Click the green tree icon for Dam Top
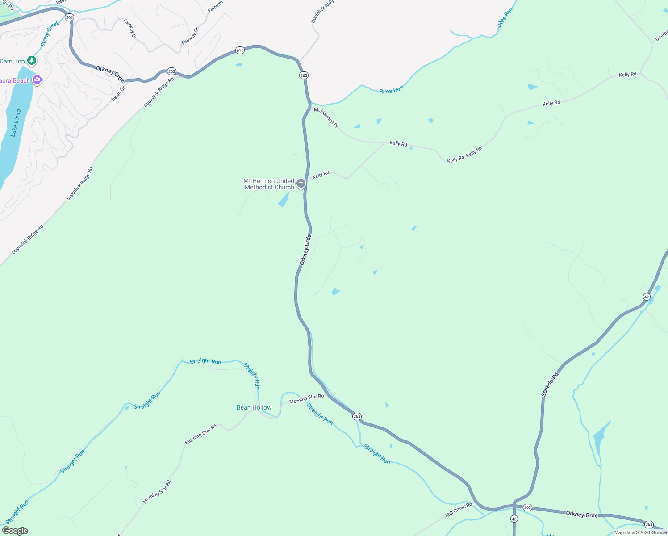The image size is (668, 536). click(31, 60)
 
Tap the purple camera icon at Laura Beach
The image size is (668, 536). click(37, 80)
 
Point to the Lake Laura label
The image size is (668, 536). click(16, 122)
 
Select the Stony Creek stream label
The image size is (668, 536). click(50, 34)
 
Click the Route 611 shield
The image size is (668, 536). click(240, 50)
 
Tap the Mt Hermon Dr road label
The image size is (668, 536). click(326, 117)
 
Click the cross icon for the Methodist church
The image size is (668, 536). click(301, 183)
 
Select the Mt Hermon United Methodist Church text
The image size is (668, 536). click(269, 184)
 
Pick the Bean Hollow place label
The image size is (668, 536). click(254, 407)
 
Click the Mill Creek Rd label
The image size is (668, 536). click(458, 510)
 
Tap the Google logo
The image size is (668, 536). click(15, 530)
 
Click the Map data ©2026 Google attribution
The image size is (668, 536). click(640, 532)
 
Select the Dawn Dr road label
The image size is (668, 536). click(118, 93)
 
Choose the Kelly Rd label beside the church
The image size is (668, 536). click(321, 175)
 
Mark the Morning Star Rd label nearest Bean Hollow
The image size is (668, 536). click(306, 398)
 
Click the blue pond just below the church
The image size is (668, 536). click(284, 200)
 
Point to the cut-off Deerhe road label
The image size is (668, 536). click(661, 36)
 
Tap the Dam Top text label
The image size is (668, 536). click(12, 61)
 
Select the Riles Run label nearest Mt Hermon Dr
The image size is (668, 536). click(391, 90)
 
